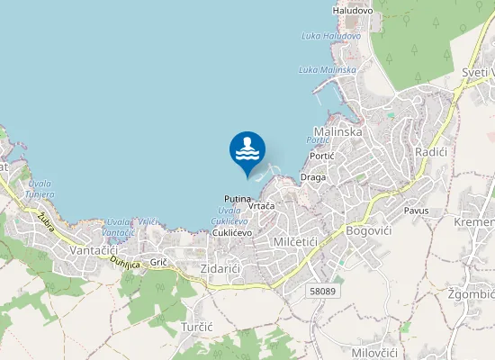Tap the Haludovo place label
click(x=353, y=11)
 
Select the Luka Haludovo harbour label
click(x=331, y=36)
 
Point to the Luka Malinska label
click(x=328, y=69)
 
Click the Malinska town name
click(x=337, y=131)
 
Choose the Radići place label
click(x=431, y=153)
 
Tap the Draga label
click(x=313, y=177)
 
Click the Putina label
click(x=238, y=198)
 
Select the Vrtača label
click(x=260, y=206)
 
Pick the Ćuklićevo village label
click(x=231, y=232)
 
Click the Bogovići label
click(x=370, y=231)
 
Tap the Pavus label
click(x=417, y=211)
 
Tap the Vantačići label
click(x=94, y=249)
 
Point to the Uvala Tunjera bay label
click(x=40, y=188)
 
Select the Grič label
click(x=159, y=262)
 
